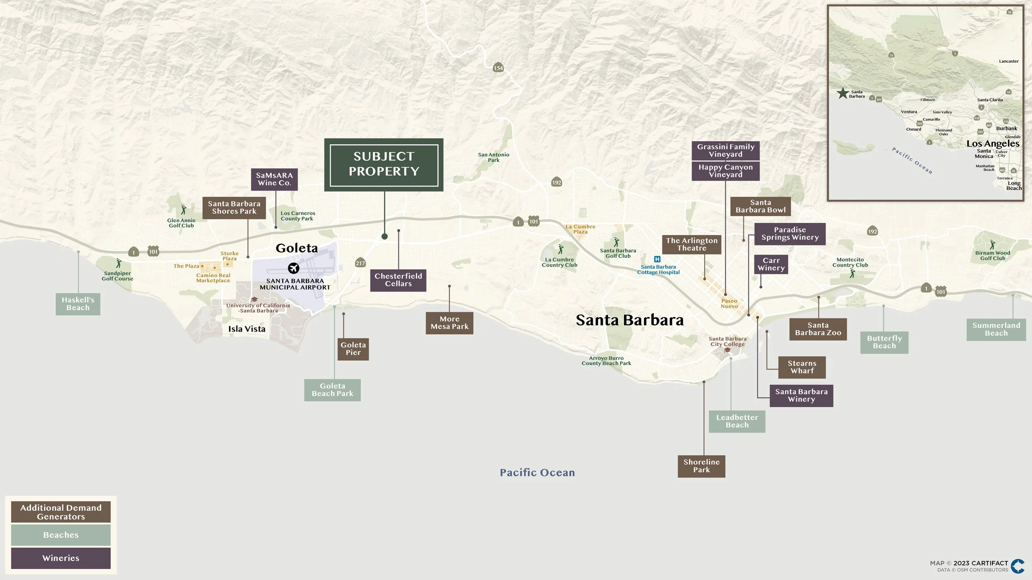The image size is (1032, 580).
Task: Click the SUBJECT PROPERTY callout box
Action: click(x=383, y=165)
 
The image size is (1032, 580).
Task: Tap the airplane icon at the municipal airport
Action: click(x=294, y=268)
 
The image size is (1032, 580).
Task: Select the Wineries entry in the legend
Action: click(x=61, y=558)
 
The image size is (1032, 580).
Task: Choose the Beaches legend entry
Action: click(x=61, y=535)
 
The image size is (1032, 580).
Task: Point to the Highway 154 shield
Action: click(x=498, y=68)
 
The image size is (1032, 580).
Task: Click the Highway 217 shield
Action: click(x=360, y=263)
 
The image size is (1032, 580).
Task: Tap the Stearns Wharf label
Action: click(x=802, y=367)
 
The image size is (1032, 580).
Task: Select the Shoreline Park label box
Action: click(x=701, y=466)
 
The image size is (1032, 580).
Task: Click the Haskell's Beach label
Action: click(x=78, y=304)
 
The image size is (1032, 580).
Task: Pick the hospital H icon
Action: click(x=657, y=259)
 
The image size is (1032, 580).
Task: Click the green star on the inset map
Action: click(x=842, y=93)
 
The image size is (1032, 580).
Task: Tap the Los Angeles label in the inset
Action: click(x=993, y=144)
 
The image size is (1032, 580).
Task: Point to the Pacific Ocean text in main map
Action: click(x=537, y=473)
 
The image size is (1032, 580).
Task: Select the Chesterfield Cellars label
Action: click(x=398, y=280)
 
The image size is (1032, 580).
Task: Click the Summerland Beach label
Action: click(x=996, y=330)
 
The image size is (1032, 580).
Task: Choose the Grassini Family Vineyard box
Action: click(x=726, y=151)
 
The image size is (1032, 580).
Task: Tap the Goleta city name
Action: click(x=296, y=248)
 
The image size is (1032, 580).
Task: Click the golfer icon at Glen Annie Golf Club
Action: click(x=183, y=210)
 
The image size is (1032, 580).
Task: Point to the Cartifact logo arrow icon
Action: click(x=1018, y=566)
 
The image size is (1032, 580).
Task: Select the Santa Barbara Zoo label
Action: click(x=818, y=329)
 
